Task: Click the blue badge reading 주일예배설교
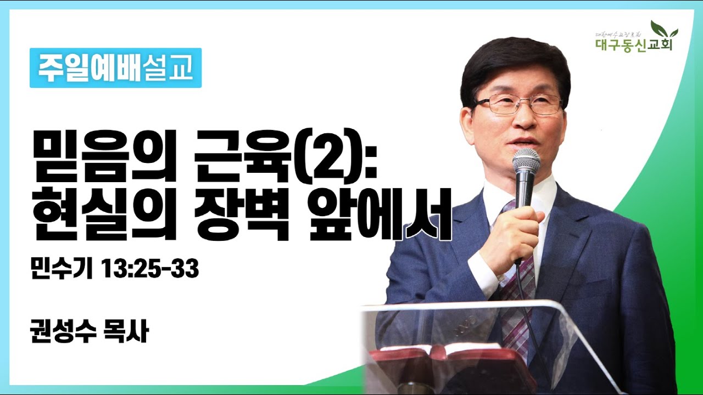(115, 68)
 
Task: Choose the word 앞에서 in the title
(380, 216)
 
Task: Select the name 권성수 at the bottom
(59, 332)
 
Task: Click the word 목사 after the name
(127, 332)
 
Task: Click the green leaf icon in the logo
(663, 29)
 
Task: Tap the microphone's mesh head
(526, 162)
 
